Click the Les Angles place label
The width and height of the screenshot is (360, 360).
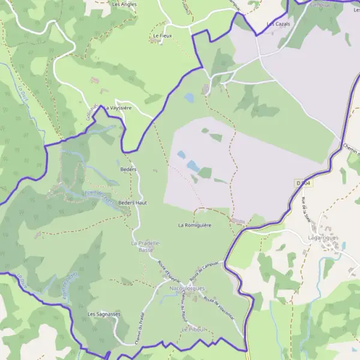pos(124,4)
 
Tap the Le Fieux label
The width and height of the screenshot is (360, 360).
pos(163,36)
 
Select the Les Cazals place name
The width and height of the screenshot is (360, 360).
pos(278,23)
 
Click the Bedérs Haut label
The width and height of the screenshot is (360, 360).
pos(133,203)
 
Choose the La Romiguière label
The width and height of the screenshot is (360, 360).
pos(195,225)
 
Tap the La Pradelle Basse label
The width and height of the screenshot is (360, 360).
pos(146,246)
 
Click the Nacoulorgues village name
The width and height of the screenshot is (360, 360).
pos(187,289)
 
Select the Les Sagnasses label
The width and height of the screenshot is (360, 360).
pos(104,314)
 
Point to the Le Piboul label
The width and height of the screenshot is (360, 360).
pos(193,330)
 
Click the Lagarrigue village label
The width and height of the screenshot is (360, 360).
pos(323,238)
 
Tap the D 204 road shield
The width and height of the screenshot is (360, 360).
pos(304,182)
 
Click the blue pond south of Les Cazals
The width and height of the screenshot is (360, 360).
pos(189,97)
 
